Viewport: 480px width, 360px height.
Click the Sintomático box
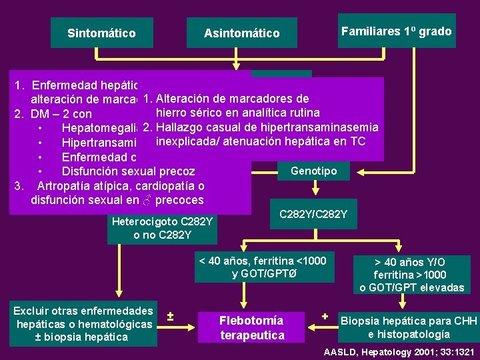[x=101, y=33]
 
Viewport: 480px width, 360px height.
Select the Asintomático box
[x=241, y=33]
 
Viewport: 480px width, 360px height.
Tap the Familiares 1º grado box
[x=396, y=31]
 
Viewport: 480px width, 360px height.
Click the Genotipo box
[x=313, y=171]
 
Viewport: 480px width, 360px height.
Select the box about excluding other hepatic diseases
[x=83, y=324]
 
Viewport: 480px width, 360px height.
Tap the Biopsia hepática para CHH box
[x=409, y=327]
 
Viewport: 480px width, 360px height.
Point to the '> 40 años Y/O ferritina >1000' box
[x=409, y=275]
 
